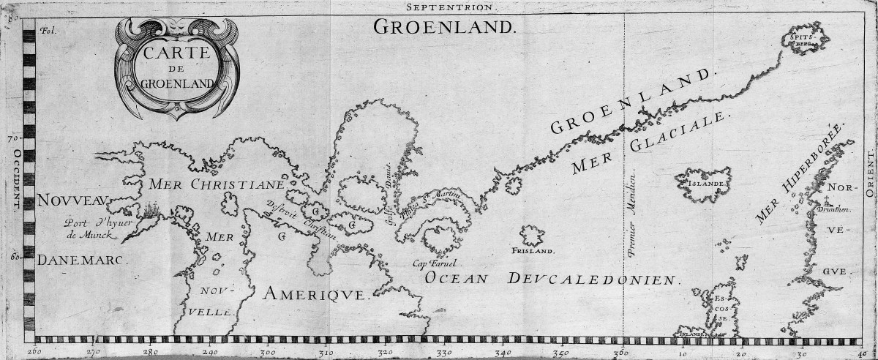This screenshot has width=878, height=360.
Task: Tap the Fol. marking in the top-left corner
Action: [48, 31]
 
